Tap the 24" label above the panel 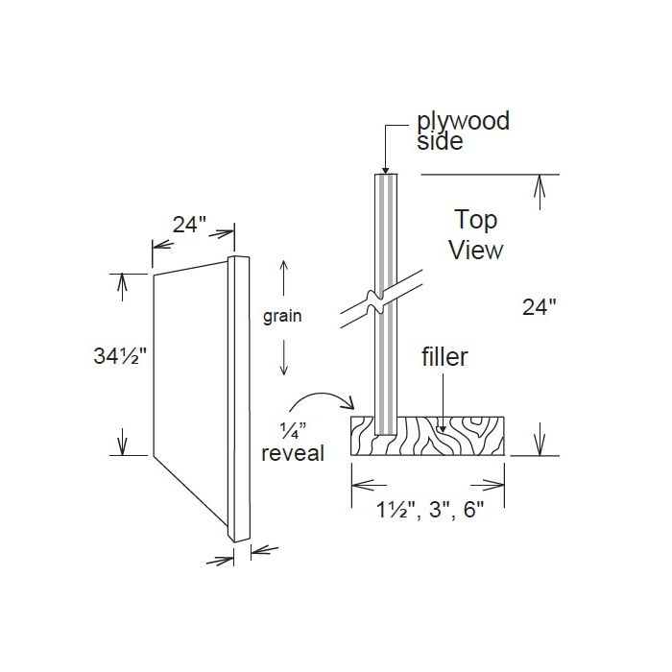(190, 225)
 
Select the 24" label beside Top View (540, 307)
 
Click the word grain (283, 315)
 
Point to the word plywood (462, 122)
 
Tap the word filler (444, 358)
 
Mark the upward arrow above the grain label (283, 278)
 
